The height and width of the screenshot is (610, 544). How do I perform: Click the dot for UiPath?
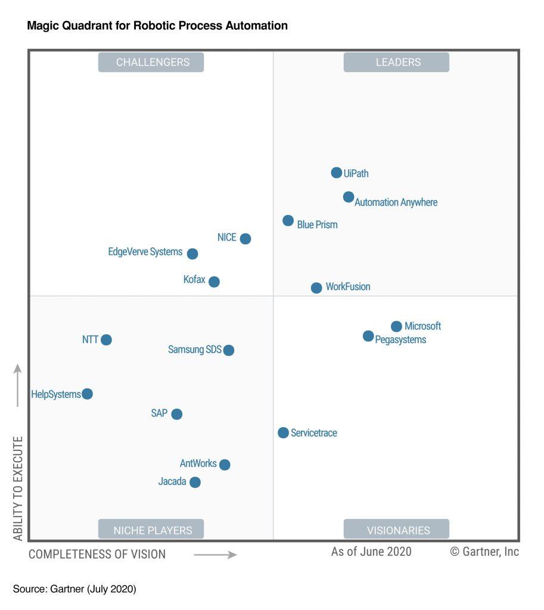pyautogui.click(x=337, y=173)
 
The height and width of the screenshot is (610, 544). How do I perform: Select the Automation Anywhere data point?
pyautogui.click(x=349, y=197)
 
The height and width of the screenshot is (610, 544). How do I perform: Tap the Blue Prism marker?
pyautogui.click(x=288, y=221)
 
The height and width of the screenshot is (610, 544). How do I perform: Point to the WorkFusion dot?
pyautogui.click(x=316, y=288)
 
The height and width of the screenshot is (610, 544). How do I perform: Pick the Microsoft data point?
pyautogui.click(x=396, y=326)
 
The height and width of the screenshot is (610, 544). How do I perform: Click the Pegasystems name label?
pyautogui.click(x=400, y=340)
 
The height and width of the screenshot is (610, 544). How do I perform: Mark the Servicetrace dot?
pyautogui.click(x=283, y=432)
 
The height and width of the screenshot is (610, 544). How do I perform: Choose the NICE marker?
pyautogui.click(x=245, y=238)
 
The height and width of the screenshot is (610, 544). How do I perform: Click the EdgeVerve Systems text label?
pyautogui.click(x=145, y=252)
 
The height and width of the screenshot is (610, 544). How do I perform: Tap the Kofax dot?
pyautogui.click(x=214, y=281)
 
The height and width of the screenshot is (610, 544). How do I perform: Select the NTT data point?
pyautogui.click(x=106, y=340)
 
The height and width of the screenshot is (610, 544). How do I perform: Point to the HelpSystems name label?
pyautogui.click(x=56, y=394)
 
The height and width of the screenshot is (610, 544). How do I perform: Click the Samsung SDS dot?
pyautogui.click(x=228, y=350)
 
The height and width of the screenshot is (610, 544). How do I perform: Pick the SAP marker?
pyautogui.click(x=176, y=413)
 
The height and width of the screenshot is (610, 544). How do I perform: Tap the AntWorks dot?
pyautogui.click(x=224, y=464)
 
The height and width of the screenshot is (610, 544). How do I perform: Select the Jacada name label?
pyautogui.click(x=172, y=481)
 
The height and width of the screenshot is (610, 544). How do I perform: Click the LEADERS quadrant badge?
pyautogui.click(x=396, y=62)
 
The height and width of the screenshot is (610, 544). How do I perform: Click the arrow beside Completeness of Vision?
pyautogui.click(x=215, y=555)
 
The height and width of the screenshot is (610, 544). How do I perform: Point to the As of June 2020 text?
pyautogui.click(x=371, y=552)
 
